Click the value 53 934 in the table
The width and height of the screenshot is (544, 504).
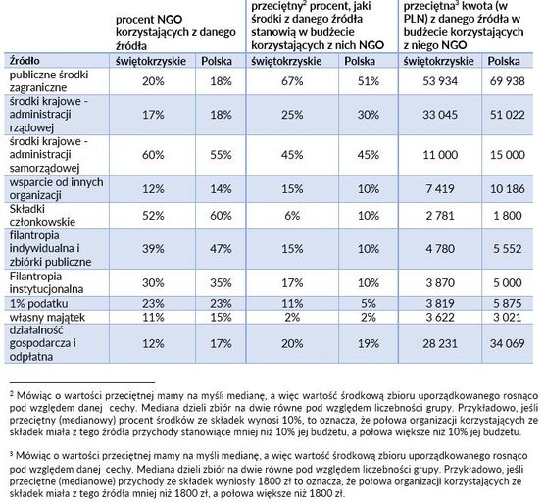(x=440, y=81)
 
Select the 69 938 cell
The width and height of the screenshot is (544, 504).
(x=507, y=81)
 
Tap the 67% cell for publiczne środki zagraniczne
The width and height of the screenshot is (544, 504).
(x=292, y=81)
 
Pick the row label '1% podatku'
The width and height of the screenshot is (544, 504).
(x=39, y=303)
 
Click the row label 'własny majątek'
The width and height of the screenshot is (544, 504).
(x=47, y=318)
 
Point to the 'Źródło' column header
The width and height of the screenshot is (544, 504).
(x=25, y=61)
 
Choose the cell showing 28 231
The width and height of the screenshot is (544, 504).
(x=440, y=343)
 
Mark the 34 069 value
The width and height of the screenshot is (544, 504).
(x=507, y=343)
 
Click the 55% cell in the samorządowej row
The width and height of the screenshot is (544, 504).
(x=221, y=155)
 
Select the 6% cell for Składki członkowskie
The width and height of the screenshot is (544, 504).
(x=292, y=215)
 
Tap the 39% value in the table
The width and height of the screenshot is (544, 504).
(x=153, y=248)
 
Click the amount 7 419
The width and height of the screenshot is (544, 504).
(x=440, y=189)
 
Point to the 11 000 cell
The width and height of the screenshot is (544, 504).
(x=440, y=155)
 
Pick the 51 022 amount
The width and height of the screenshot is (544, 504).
(x=507, y=115)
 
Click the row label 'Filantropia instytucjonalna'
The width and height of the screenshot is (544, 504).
(x=46, y=282)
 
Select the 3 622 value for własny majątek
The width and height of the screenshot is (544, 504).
(x=440, y=317)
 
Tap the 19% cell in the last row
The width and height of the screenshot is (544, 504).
(x=369, y=343)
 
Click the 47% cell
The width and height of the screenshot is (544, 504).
(x=221, y=248)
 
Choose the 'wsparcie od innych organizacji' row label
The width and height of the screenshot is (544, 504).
(x=56, y=188)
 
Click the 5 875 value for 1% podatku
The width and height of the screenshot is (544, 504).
(x=507, y=303)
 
